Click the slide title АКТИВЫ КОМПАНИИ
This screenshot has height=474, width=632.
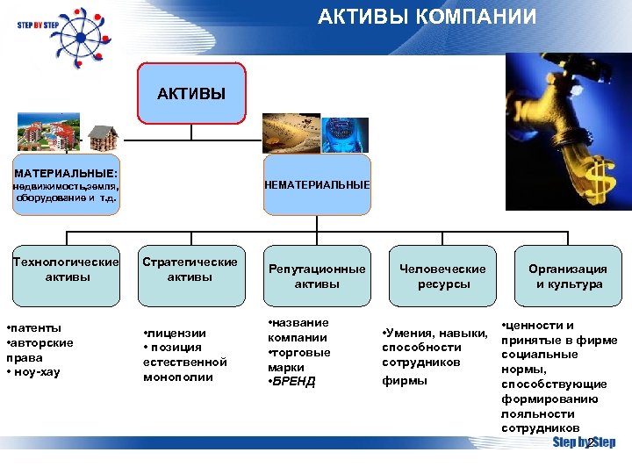[x=427, y=18]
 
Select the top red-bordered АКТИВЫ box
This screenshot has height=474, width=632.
[x=191, y=93]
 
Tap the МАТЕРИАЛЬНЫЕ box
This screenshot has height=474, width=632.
[x=66, y=185]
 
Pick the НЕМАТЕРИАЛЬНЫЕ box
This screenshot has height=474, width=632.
[x=317, y=185]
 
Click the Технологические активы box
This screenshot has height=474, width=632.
[x=66, y=269]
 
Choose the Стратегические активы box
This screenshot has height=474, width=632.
[x=190, y=269]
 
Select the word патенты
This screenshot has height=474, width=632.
[x=37, y=327]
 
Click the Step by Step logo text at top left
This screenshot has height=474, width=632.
[x=36, y=25]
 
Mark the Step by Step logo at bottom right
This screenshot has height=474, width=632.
[x=583, y=442]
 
